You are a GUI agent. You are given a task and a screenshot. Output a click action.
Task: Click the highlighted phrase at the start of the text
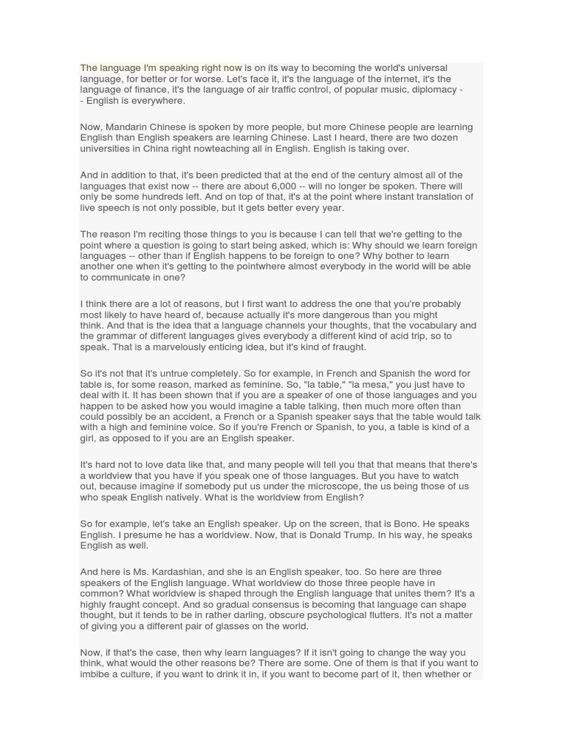click(x=161, y=68)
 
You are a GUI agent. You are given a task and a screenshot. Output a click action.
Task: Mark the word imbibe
click(x=96, y=674)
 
